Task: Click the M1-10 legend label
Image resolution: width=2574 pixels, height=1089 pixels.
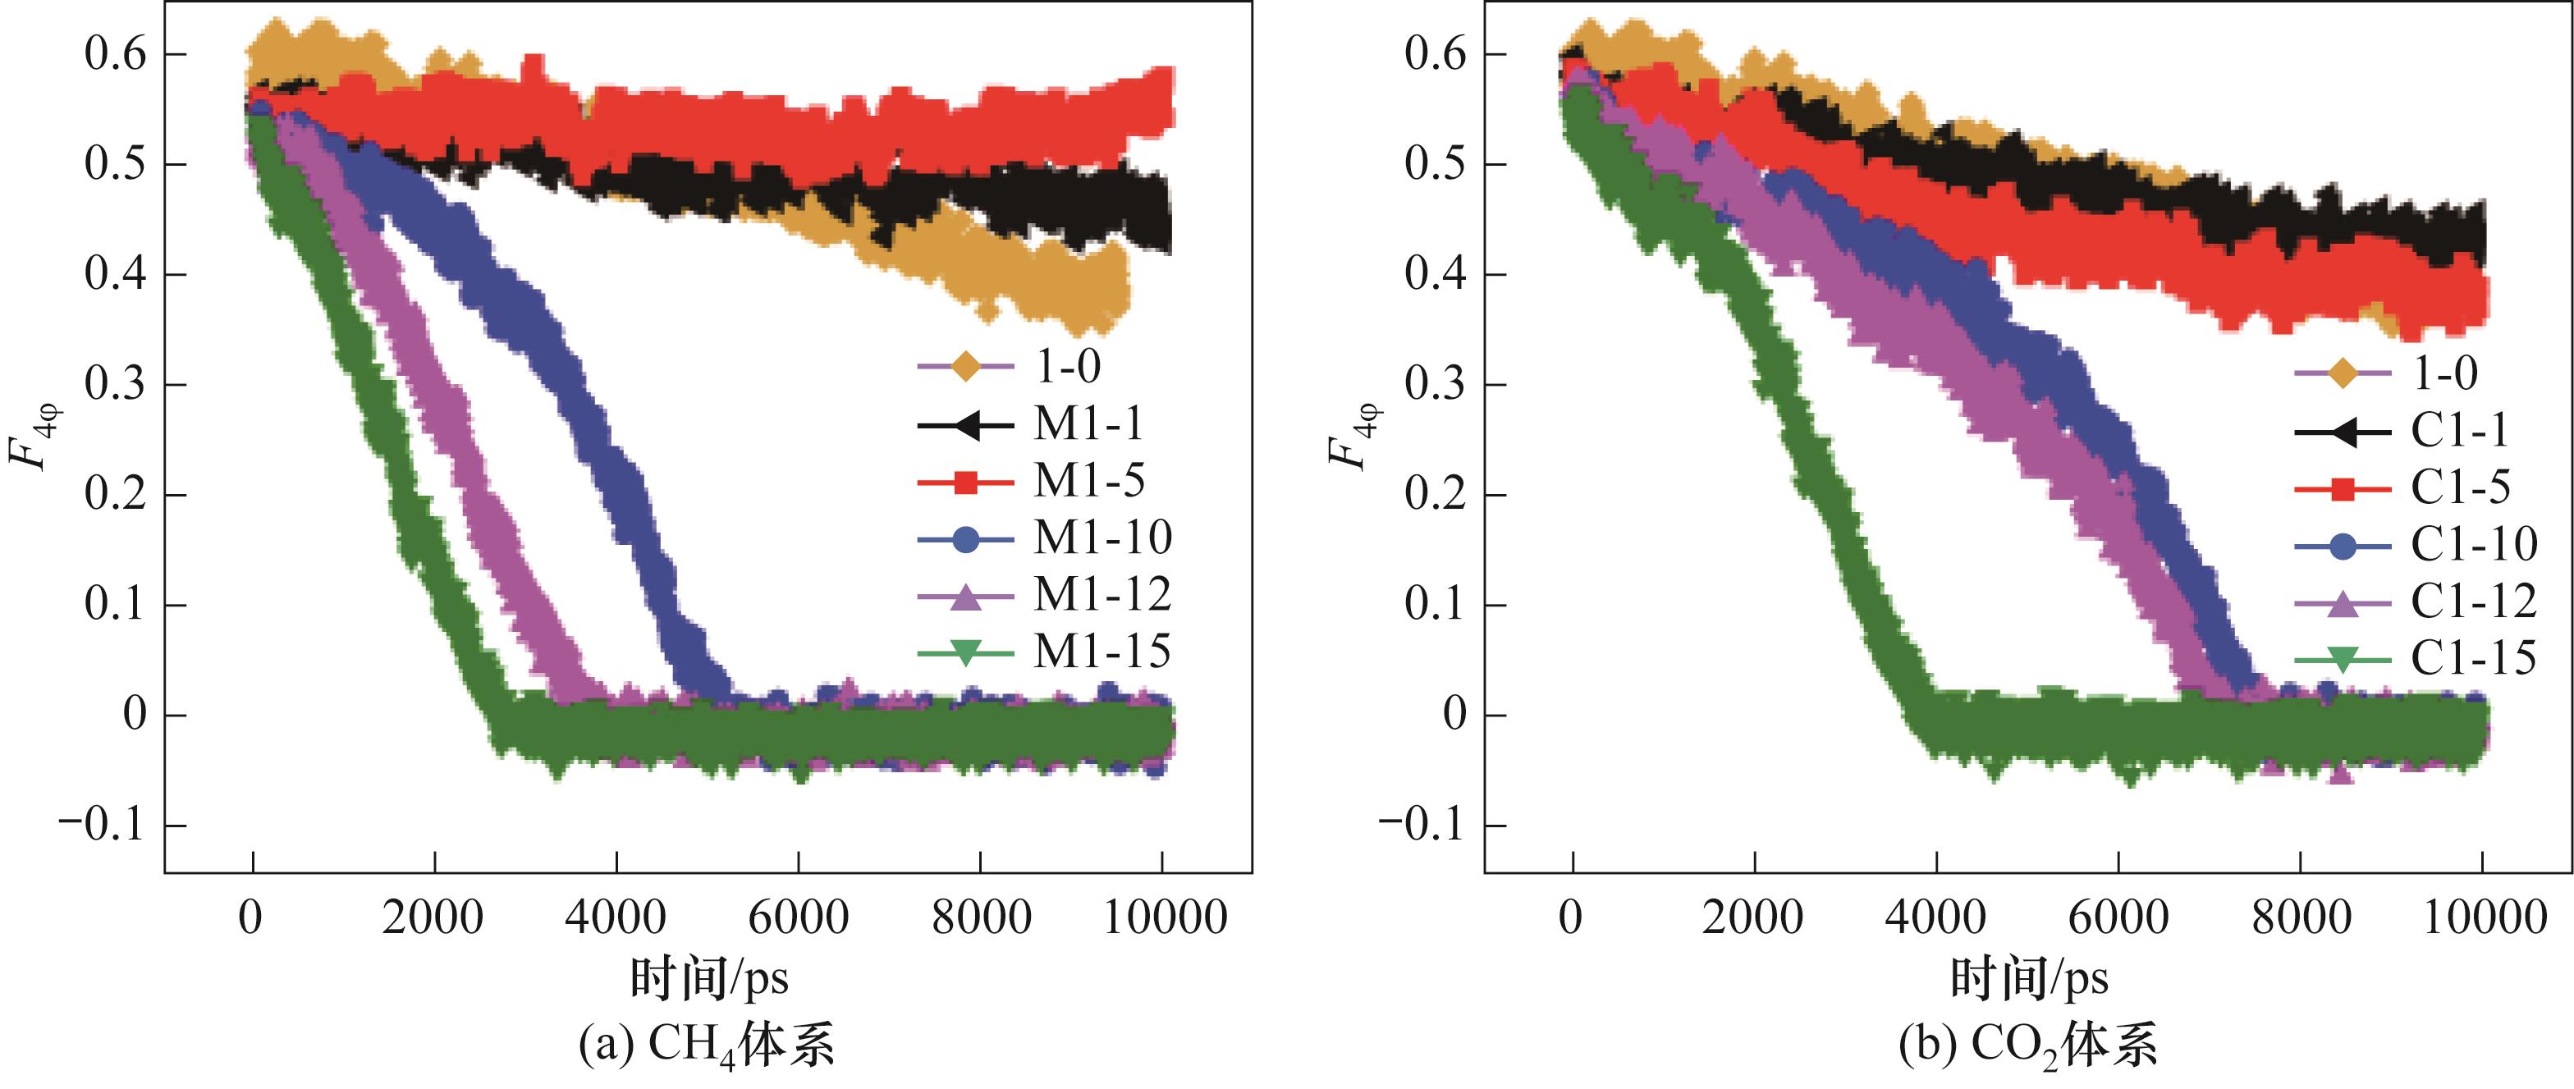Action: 1102,538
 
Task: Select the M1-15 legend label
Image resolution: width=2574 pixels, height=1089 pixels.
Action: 1102,652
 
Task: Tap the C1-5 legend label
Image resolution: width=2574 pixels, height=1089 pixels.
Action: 2460,487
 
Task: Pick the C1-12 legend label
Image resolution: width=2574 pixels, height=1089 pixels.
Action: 2473,602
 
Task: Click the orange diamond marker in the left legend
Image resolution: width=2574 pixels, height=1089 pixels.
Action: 965,367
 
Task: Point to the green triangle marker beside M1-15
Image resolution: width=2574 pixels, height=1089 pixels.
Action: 965,653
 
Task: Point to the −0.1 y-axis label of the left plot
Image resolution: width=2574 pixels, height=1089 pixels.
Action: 103,826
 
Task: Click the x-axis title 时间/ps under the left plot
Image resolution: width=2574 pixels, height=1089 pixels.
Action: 708,977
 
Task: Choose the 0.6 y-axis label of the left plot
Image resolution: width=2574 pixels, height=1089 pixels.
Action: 115,54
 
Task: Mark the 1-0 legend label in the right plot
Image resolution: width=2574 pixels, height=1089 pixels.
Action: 2445,373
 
